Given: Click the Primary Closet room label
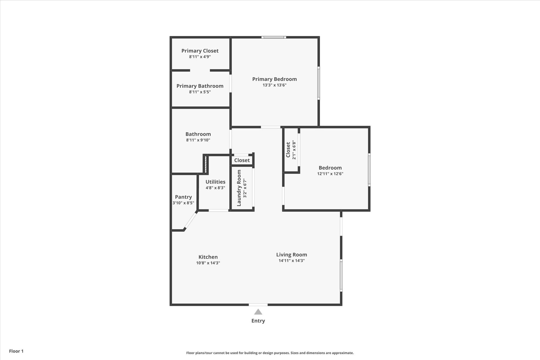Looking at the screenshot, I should coord(200,51).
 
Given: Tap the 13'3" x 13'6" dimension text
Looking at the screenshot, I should coord(274,85).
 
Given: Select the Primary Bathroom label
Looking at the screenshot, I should coord(200,86).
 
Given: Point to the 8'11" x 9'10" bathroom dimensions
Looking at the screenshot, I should coord(198,140).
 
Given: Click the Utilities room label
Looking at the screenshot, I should coord(215,182).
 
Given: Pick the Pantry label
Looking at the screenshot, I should coord(183,197).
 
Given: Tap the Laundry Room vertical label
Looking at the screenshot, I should coord(239,188).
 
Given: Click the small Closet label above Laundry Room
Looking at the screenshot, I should coord(242,160).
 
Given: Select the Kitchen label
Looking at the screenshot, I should coord(208,257).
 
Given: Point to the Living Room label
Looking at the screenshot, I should coord(291,255).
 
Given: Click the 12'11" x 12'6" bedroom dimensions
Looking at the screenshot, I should coord(330,174).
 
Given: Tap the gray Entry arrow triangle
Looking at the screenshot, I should coord(258,312).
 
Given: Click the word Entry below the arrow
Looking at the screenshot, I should coord(258,321).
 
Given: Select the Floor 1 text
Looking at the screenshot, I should coord(16,351).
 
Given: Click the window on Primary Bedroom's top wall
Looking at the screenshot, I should coord(273,37).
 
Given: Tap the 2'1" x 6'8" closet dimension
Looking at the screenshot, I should coord(294,150).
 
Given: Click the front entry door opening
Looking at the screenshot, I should coord(258,305).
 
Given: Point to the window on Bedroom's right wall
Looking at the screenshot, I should coord(369,170).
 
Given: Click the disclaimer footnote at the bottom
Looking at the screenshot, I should coord(270,353).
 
